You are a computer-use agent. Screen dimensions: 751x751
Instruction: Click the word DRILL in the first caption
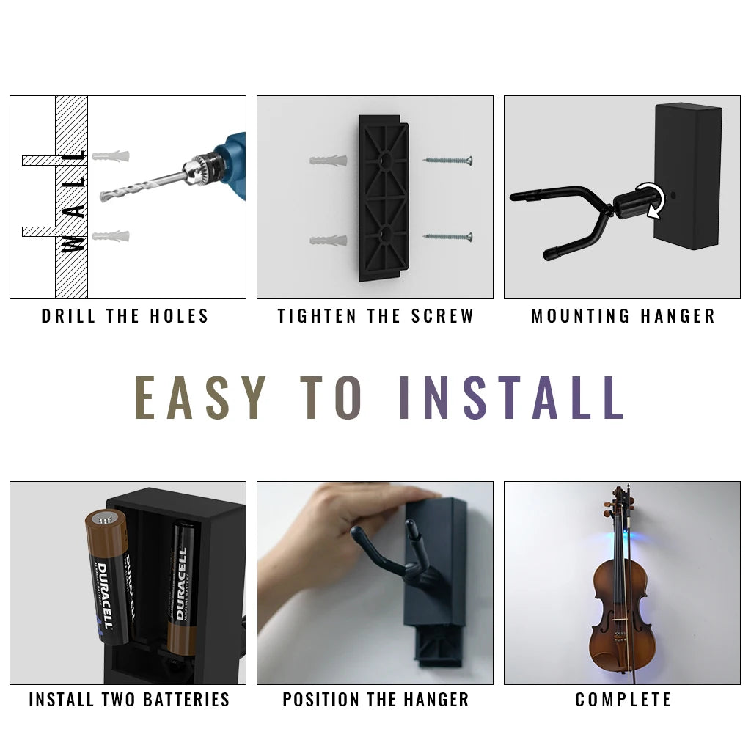[x=68, y=316]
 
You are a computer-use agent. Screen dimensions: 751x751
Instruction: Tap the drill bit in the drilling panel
[x=143, y=186]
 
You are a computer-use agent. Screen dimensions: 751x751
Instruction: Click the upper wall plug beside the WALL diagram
[x=111, y=156]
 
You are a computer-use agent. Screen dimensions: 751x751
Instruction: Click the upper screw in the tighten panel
[x=448, y=161]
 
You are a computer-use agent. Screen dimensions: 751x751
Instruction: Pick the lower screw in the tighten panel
[x=448, y=236]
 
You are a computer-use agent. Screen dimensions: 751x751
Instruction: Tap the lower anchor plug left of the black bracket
[x=329, y=240]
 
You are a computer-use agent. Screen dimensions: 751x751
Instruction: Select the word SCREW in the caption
[x=442, y=316]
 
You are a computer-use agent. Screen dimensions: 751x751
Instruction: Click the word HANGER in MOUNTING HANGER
[x=678, y=316]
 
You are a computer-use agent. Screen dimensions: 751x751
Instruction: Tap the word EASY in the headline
[x=200, y=398]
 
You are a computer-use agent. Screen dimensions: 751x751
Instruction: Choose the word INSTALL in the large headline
[x=511, y=398]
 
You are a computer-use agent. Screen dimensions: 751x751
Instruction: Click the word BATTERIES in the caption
[x=186, y=699]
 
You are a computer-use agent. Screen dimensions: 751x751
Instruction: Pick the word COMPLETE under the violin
[x=623, y=699]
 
